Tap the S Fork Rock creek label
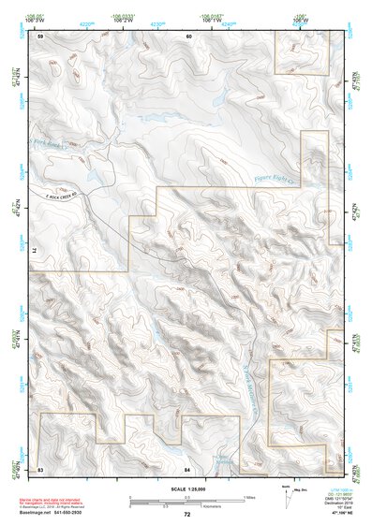(51, 143)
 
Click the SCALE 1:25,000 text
(186, 489)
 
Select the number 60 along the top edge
(188, 36)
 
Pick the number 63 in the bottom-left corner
(40, 469)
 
